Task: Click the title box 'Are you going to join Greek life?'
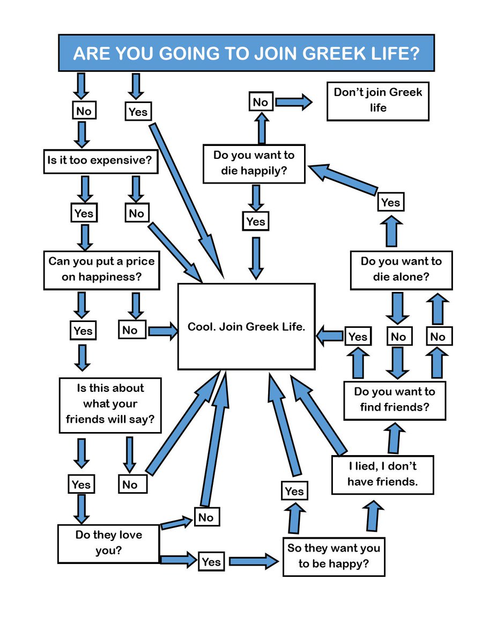[x=246, y=53]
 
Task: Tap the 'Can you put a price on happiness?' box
[x=101, y=269]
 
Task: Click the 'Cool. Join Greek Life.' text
[x=246, y=327]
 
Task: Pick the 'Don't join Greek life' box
[x=377, y=100]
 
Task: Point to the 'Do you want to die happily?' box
[x=254, y=164]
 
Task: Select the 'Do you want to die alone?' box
[x=401, y=269]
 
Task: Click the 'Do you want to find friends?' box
[x=395, y=400]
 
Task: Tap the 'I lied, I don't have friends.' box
[x=382, y=474]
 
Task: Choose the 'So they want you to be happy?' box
[x=333, y=556]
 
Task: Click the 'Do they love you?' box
[x=108, y=543]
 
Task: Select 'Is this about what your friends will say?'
[x=110, y=403]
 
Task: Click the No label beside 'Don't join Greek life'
[x=261, y=102]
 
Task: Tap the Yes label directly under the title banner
[x=138, y=112]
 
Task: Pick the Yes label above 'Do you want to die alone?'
[x=390, y=202]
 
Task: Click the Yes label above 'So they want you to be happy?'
[x=294, y=491]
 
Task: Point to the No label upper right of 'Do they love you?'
[x=206, y=517]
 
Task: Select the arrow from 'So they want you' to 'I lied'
[x=374, y=516]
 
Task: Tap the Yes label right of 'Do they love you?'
[x=211, y=562]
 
